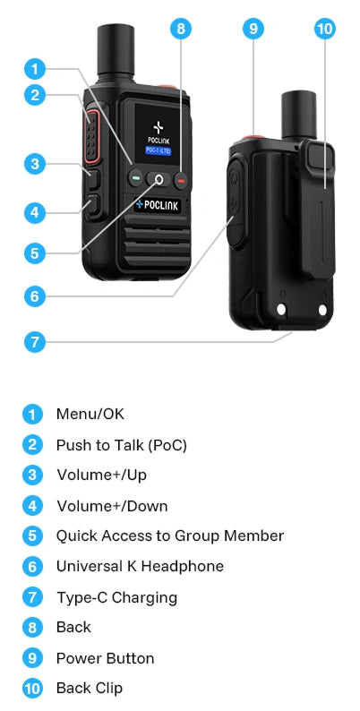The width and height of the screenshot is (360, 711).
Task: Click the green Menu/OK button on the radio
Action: tap(135, 179)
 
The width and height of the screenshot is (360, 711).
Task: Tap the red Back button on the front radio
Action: tap(181, 181)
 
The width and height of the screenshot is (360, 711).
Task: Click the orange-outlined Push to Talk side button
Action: tap(90, 136)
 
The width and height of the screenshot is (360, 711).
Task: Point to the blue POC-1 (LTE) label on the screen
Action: tap(159, 150)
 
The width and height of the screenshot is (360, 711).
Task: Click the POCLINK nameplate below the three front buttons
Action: tap(158, 205)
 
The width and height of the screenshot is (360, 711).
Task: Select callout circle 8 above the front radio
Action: tap(181, 29)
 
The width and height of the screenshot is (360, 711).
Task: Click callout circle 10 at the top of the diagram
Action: tap(325, 29)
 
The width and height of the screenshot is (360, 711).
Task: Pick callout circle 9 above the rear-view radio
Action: tap(253, 29)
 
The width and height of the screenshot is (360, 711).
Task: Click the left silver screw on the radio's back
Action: tap(281, 309)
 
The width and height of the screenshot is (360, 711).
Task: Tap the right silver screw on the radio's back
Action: tap(322, 310)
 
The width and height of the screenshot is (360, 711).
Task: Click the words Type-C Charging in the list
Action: tap(116, 597)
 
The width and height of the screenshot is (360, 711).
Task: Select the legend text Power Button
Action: tap(105, 658)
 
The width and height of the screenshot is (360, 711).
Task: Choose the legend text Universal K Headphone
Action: tap(140, 566)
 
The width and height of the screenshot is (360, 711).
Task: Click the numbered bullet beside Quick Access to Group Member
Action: tap(32, 535)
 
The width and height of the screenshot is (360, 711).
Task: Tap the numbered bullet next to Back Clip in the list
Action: tap(32, 689)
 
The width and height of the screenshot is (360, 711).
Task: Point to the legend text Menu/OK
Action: tap(90, 414)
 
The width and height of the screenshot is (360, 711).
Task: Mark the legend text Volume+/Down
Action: tap(112, 506)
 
